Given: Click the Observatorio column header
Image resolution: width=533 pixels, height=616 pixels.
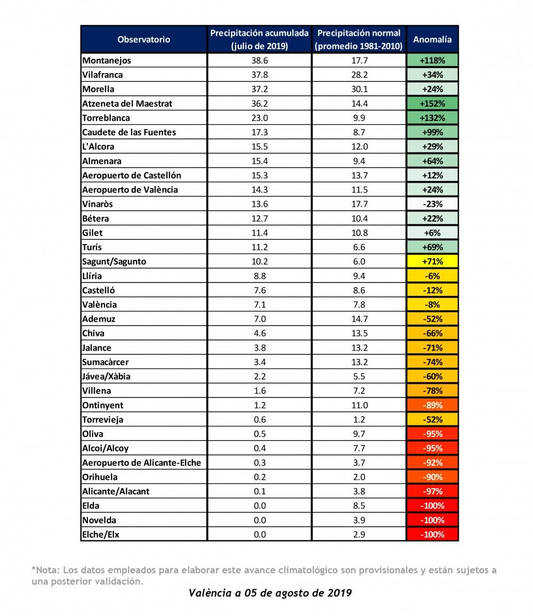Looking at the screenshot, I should (143, 39).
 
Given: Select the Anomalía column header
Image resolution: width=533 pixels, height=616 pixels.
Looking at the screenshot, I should (432, 39).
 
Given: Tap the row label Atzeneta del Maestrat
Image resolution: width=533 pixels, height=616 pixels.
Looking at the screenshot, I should (127, 104).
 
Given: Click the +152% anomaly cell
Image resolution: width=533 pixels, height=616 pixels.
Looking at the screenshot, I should (432, 104).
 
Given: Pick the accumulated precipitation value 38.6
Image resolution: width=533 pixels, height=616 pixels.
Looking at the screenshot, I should (259, 61).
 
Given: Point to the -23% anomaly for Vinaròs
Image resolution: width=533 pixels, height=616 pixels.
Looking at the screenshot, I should (432, 204).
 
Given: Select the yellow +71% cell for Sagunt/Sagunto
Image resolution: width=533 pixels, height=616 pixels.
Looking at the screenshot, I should (432, 262).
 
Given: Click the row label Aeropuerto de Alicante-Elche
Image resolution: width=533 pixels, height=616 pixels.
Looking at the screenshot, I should (142, 463).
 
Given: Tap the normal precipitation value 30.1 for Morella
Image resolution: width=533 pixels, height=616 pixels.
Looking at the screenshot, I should (358, 90).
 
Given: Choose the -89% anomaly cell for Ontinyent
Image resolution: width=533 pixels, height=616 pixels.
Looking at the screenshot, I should (432, 405).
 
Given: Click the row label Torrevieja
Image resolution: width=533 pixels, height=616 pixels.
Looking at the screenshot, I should (103, 419).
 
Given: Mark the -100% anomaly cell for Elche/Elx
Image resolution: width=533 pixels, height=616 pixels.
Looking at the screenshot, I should (432, 534).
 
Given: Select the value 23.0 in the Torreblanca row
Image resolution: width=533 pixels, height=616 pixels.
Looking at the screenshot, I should (259, 118).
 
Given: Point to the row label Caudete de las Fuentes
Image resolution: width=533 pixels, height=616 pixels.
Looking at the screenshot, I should (129, 132).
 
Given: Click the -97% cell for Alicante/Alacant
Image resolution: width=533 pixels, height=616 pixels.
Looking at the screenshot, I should (432, 491).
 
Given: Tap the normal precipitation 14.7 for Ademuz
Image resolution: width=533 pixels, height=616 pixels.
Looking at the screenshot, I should (358, 319).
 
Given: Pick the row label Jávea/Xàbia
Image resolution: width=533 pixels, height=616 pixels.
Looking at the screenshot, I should (107, 376).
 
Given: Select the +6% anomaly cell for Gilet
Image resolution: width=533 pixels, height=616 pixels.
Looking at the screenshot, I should (432, 233).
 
